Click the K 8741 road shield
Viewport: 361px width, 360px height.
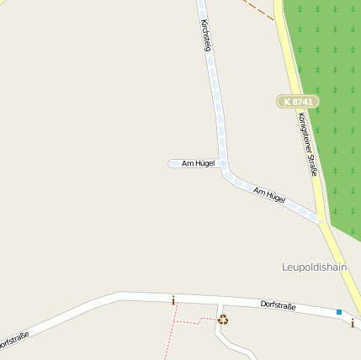(x=298, y=102)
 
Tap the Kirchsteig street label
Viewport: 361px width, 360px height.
(x=205, y=34)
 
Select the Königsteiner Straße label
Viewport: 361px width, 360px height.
(x=308, y=145)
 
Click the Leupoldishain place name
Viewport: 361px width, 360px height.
(x=315, y=267)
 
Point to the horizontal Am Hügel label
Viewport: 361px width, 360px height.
(x=198, y=163)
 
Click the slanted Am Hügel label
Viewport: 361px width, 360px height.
(x=269, y=197)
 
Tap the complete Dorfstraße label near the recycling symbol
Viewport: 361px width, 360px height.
(x=278, y=304)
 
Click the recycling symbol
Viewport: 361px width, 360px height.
(x=223, y=319)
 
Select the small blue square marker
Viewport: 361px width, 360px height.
(x=339, y=312)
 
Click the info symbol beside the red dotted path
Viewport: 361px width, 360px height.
(x=173, y=300)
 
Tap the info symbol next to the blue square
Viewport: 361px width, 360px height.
(x=352, y=323)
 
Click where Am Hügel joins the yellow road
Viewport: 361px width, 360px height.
(x=321, y=221)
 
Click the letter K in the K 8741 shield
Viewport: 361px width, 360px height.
(x=288, y=102)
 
